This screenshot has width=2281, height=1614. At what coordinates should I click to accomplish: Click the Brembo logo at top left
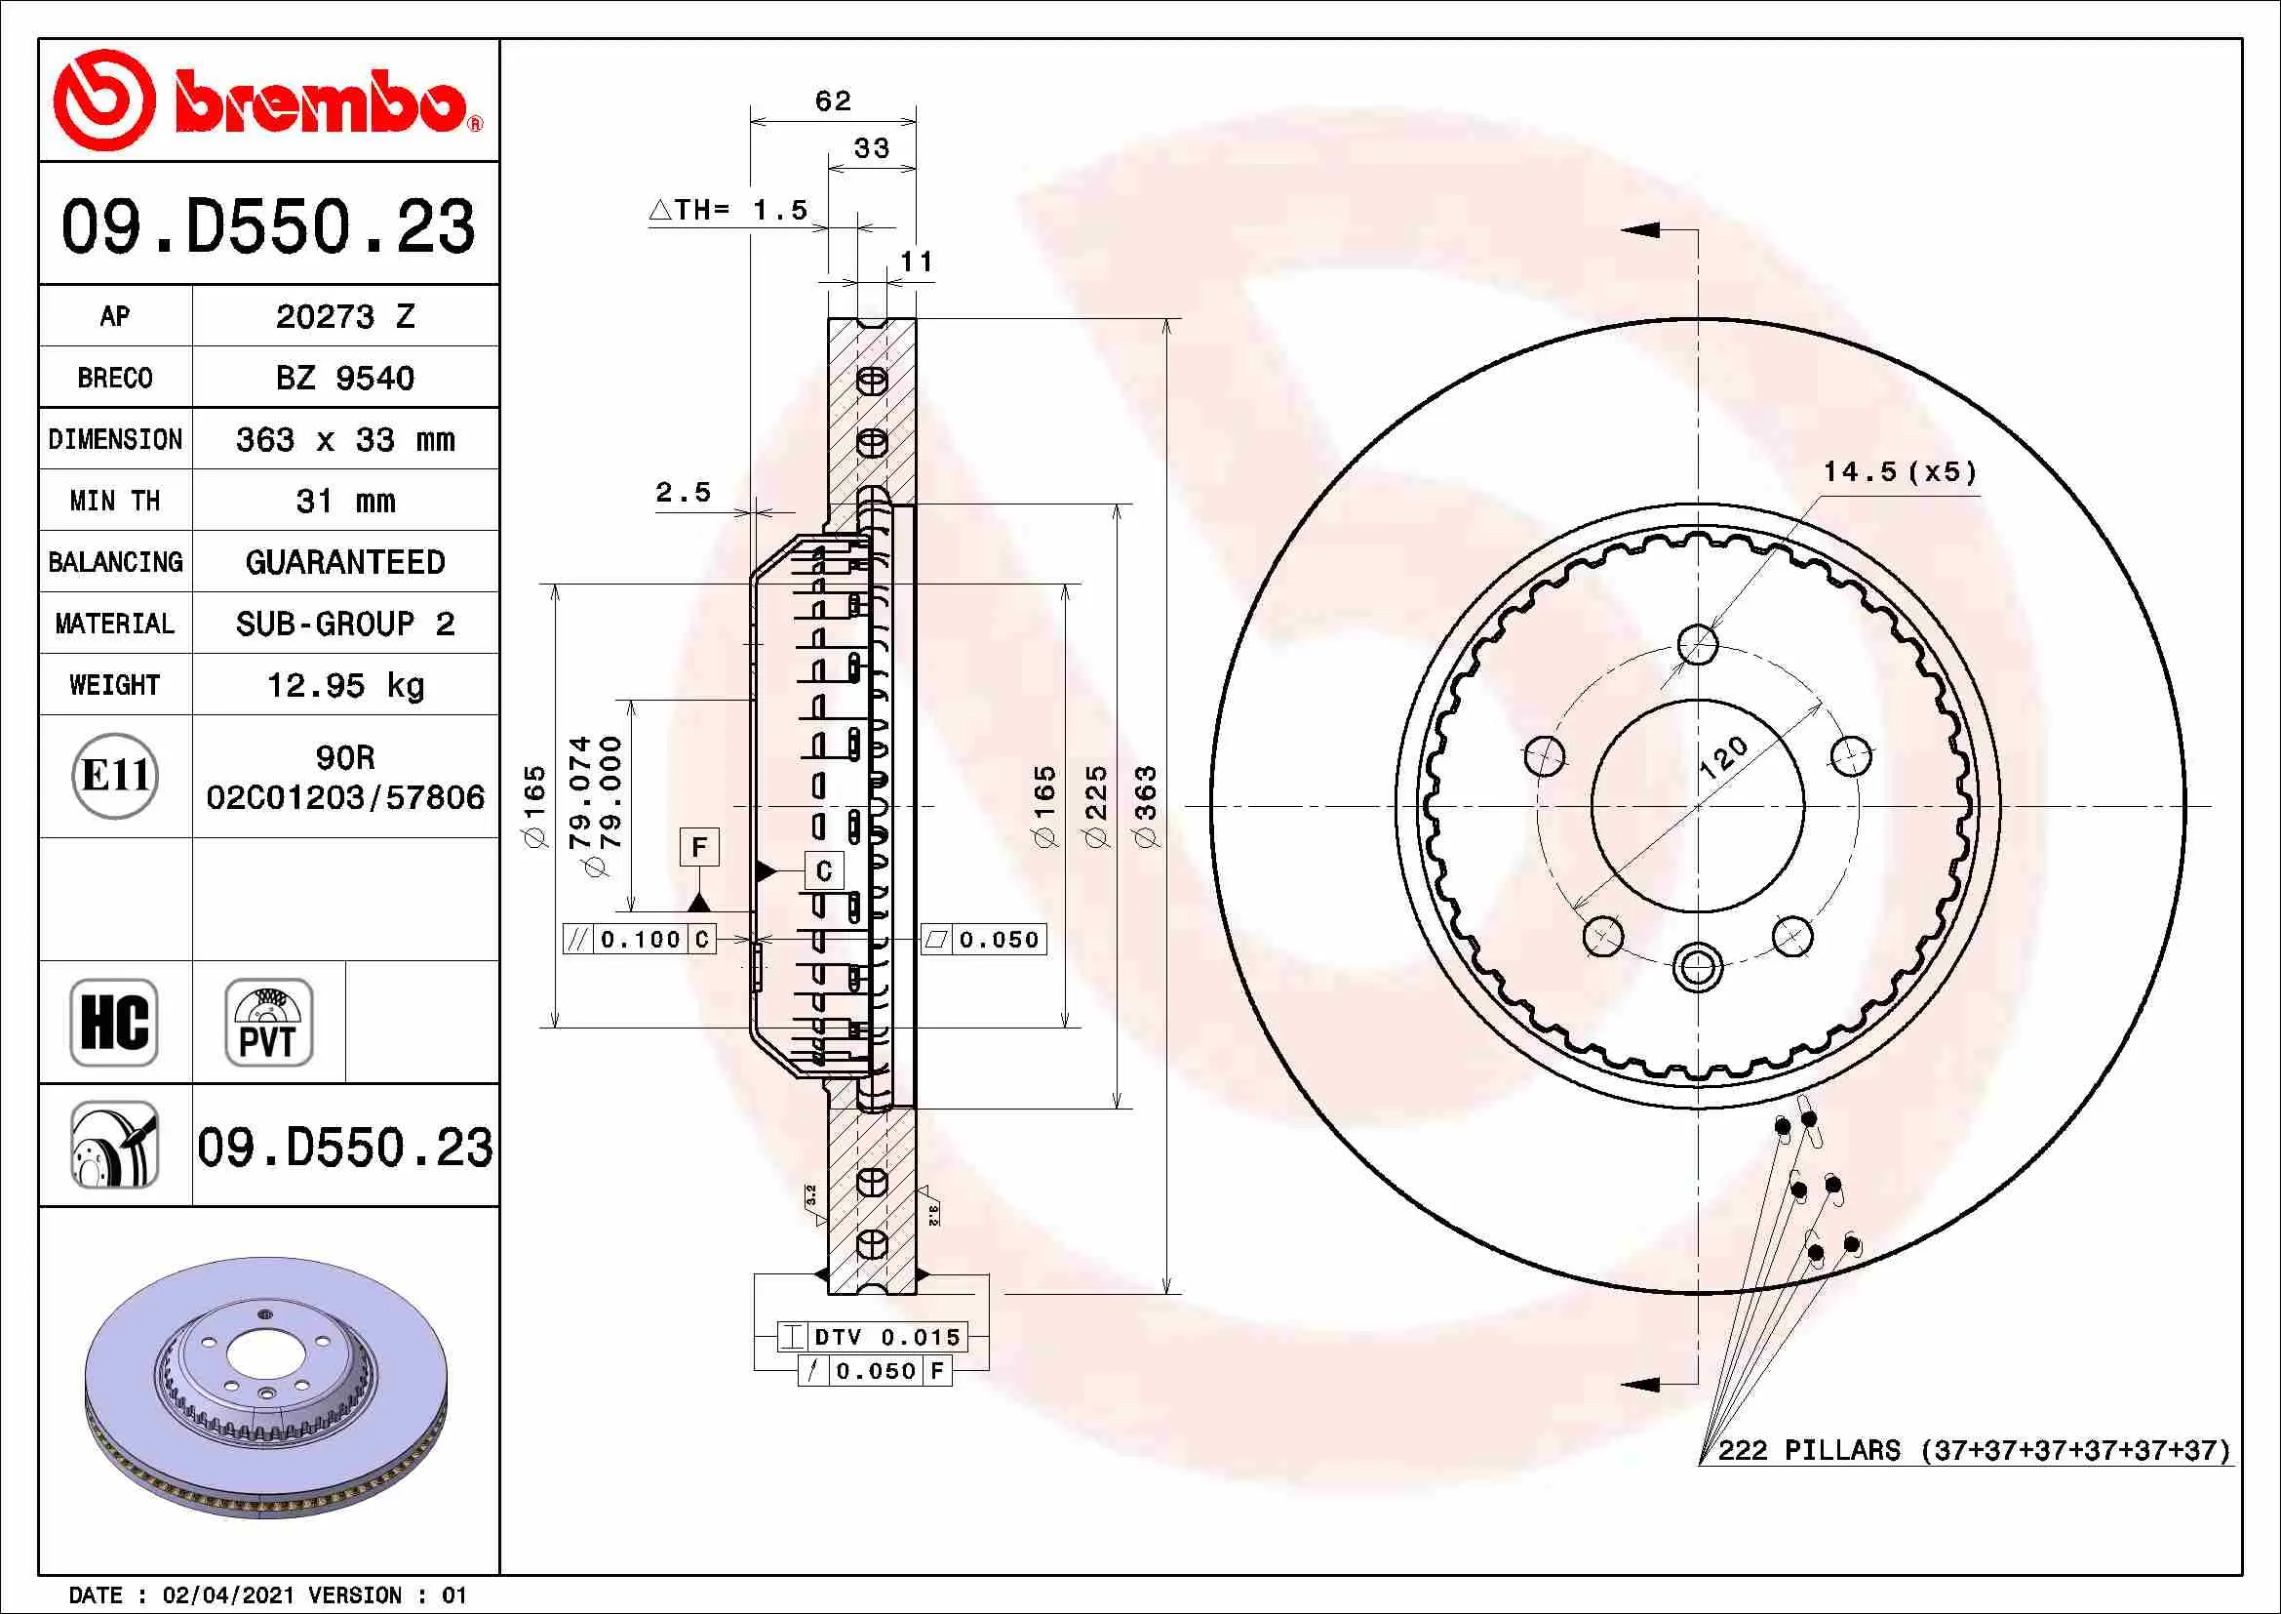(268, 100)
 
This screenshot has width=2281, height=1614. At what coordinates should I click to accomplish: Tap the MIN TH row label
(115, 501)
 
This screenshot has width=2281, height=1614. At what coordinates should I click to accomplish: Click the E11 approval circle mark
(115, 776)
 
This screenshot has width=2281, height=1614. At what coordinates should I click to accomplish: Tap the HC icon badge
(114, 1023)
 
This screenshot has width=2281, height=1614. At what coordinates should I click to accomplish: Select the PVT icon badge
(268, 1023)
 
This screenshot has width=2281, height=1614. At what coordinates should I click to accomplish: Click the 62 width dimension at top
(833, 101)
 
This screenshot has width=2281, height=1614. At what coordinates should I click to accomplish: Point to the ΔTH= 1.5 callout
(728, 210)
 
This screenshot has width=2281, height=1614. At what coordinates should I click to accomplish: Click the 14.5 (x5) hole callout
(1900, 471)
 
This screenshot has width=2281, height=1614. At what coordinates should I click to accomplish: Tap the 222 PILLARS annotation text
(1974, 1450)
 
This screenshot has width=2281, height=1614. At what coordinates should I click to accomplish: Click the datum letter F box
(699, 848)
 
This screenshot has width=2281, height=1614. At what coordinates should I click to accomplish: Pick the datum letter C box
(824, 871)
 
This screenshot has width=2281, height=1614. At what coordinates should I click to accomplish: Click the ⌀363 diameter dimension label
(1146, 806)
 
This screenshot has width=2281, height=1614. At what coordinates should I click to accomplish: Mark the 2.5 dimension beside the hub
(684, 492)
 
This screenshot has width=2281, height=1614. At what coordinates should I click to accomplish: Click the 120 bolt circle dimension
(1723, 758)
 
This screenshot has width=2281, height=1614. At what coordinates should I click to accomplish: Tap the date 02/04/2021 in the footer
(228, 1595)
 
